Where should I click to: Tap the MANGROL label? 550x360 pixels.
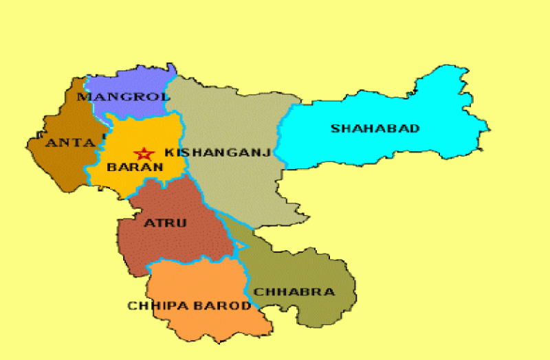123,97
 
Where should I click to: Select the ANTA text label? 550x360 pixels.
69,143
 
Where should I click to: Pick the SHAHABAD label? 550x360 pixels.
375,128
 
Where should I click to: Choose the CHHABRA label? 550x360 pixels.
294,292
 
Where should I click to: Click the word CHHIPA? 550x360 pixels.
153,306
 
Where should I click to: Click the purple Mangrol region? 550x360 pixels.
137,79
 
